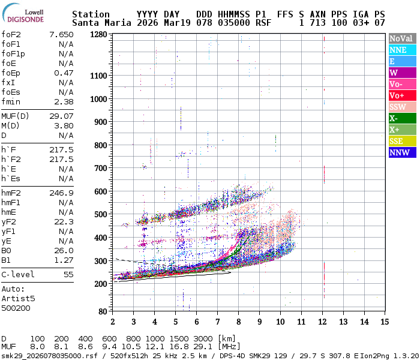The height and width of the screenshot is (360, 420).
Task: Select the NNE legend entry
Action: (x=402, y=50)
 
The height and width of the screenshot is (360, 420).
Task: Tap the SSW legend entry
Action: (x=402, y=107)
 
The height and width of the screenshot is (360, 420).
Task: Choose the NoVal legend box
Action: (x=402, y=38)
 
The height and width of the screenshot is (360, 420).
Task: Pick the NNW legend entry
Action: (x=402, y=152)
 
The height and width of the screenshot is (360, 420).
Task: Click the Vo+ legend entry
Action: (x=402, y=95)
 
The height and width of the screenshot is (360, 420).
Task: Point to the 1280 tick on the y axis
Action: (x=98, y=34)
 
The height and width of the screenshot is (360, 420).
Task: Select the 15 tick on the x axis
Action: (x=385, y=322)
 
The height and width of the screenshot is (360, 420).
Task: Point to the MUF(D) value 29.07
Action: (x=61, y=116)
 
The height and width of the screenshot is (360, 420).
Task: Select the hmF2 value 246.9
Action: (x=61, y=193)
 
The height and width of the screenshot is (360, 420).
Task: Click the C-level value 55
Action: (x=68, y=274)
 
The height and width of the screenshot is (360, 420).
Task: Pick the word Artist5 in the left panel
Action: (x=19, y=298)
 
